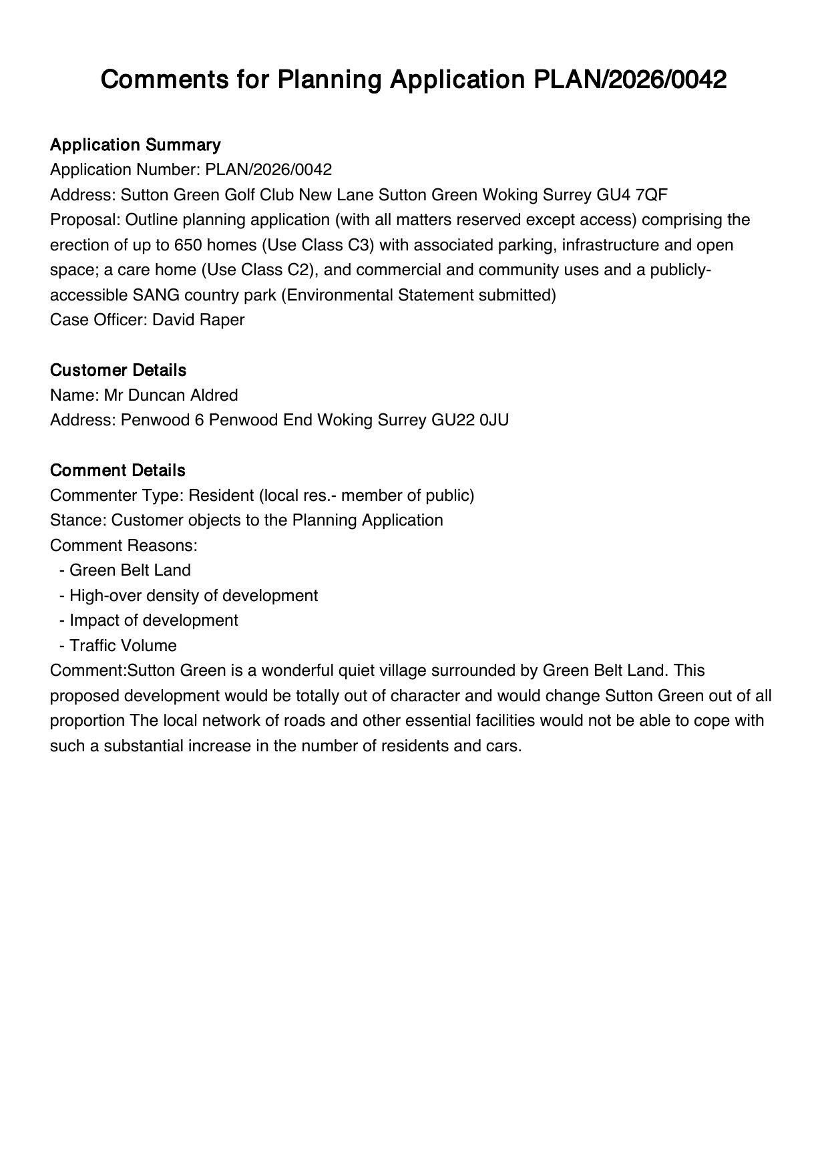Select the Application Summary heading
135,145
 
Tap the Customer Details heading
118,370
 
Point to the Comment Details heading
118,470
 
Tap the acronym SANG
153,295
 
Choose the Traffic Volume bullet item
123,646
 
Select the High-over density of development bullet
193,596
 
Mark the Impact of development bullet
153,620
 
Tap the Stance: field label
78,520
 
